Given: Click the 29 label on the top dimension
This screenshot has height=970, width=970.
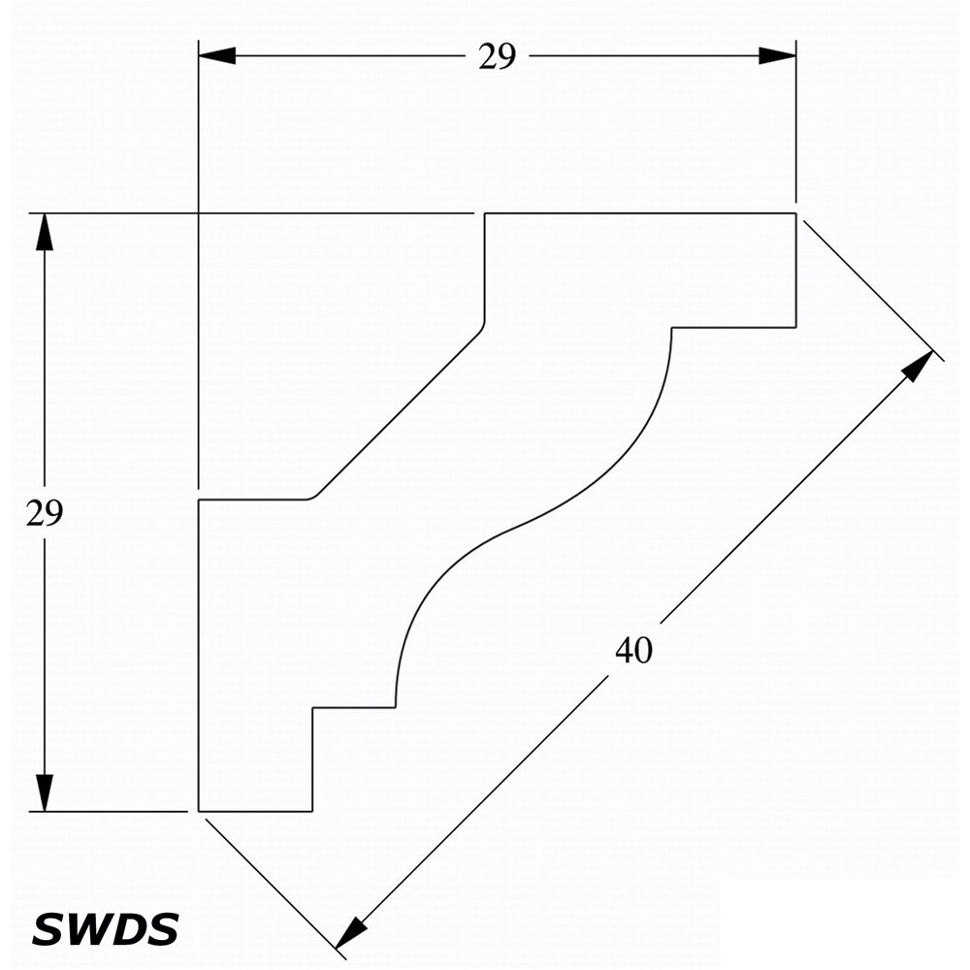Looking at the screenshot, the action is coord(497,57).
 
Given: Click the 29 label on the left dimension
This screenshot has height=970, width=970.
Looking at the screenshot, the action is coord(45,513).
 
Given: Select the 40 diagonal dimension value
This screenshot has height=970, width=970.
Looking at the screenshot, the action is coord(634,650).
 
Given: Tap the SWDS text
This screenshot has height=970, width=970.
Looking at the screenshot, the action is coord(105,929).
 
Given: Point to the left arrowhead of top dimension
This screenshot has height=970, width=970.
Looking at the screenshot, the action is coord(216,55).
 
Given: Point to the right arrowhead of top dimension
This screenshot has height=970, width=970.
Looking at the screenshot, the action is coord(778,55).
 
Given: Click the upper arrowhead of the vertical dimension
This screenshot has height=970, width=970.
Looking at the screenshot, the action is coord(45,232).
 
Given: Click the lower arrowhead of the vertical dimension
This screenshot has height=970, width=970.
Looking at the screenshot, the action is coord(45,792).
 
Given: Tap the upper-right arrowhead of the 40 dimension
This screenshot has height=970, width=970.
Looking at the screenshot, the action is coord(918,365).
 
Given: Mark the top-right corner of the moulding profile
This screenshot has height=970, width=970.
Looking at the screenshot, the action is coord(795,213).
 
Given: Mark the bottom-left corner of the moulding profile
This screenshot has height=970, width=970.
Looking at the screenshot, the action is coord(199,810).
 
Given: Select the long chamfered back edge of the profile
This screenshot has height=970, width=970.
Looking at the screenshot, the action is coord(399,413).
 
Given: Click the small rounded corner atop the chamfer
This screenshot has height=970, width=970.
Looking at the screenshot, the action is coord(482,328).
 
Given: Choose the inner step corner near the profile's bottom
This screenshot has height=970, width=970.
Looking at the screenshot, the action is coord(313,707).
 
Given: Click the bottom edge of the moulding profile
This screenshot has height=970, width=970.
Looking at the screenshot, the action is coord(255,810).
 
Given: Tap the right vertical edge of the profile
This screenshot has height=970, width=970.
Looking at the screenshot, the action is coord(795,271).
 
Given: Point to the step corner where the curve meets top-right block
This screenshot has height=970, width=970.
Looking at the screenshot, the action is coord(672,327).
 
